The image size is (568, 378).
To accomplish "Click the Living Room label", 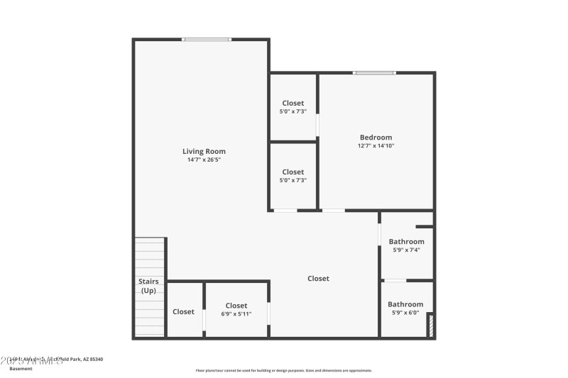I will pyautogui.click(x=204, y=151).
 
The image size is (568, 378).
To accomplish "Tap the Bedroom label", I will pyautogui.click(x=376, y=138).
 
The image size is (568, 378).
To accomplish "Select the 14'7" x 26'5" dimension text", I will pyautogui.click(x=204, y=160).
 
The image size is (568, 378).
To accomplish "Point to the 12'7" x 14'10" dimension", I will pyautogui.click(x=376, y=146).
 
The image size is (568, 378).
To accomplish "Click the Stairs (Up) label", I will pyautogui.click(x=148, y=286).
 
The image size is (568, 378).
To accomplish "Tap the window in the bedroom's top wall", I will pyautogui.click(x=375, y=72).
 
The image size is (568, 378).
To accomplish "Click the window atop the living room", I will pyautogui.click(x=207, y=39).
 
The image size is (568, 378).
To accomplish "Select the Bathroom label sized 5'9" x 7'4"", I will pyautogui.click(x=406, y=242).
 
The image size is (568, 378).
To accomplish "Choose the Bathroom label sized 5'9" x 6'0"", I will pyautogui.click(x=406, y=304).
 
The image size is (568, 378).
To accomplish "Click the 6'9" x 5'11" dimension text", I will pyautogui.click(x=236, y=313).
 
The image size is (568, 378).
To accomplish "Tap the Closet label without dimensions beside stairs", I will pyautogui.click(x=183, y=311).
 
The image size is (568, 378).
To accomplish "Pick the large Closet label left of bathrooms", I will pyautogui.click(x=318, y=279).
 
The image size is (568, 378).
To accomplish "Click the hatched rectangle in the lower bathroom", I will pyautogui.click(x=430, y=326).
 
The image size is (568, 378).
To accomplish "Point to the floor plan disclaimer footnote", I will pyautogui.click(x=284, y=370).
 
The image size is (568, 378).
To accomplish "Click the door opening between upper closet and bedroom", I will pyautogui.click(x=317, y=126).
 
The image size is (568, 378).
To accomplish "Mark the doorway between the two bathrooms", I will pyautogui.click(x=395, y=281).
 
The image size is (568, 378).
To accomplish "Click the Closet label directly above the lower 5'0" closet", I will pyautogui.click(x=293, y=103).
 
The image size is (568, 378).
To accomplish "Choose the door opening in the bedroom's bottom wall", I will pyautogui.click(x=333, y=211).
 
